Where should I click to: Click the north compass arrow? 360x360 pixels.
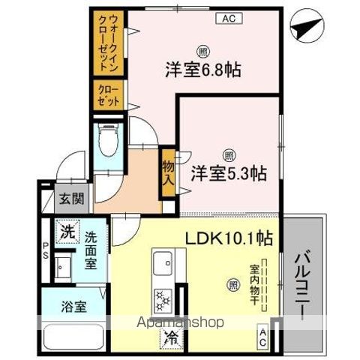coord(306,29)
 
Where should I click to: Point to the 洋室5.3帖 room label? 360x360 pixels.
coord(228,172)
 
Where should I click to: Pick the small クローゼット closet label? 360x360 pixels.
coord(107,94)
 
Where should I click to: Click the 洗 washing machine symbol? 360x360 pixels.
coord(68,230)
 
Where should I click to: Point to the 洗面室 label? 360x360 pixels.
coord(91,250)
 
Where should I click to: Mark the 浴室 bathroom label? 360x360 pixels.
coord(74,307)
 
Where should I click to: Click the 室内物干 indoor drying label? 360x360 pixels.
coord(253,281)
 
